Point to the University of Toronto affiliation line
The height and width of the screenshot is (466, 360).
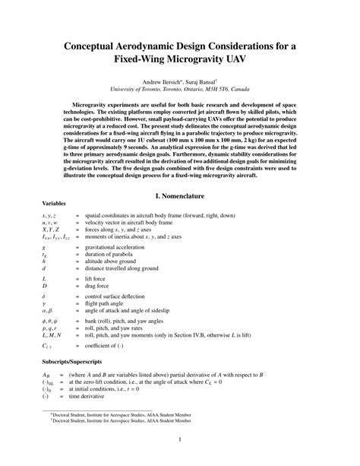[180, 88]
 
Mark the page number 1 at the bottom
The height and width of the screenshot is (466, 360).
[180, 439]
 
